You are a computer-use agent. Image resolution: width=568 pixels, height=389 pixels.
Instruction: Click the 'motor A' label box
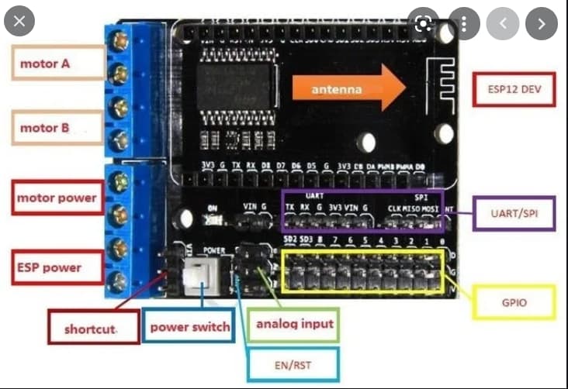click(59, 63)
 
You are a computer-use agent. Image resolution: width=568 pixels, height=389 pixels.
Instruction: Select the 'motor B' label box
click(59, 127)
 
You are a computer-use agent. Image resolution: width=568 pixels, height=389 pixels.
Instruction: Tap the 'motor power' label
click(57, 198)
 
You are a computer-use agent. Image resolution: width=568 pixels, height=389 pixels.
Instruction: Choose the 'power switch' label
click(189, 326)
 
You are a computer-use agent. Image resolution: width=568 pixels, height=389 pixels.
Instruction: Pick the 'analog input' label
click(294, 322)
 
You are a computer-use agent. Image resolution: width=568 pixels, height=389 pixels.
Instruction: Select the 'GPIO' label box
click(514, 302)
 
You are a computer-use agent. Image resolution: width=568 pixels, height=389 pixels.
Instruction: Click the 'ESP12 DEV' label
click(514, 89)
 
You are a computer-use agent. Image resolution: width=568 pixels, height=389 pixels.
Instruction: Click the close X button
click(20, 22)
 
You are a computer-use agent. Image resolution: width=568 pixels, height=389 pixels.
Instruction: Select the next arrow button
click(541, 23)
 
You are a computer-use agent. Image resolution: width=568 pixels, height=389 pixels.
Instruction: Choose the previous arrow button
click(503, 23)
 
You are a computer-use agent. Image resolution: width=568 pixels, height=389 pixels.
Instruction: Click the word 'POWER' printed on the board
click(213, 250)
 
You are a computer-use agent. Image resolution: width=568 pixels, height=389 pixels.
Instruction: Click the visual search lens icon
click(424, 23)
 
